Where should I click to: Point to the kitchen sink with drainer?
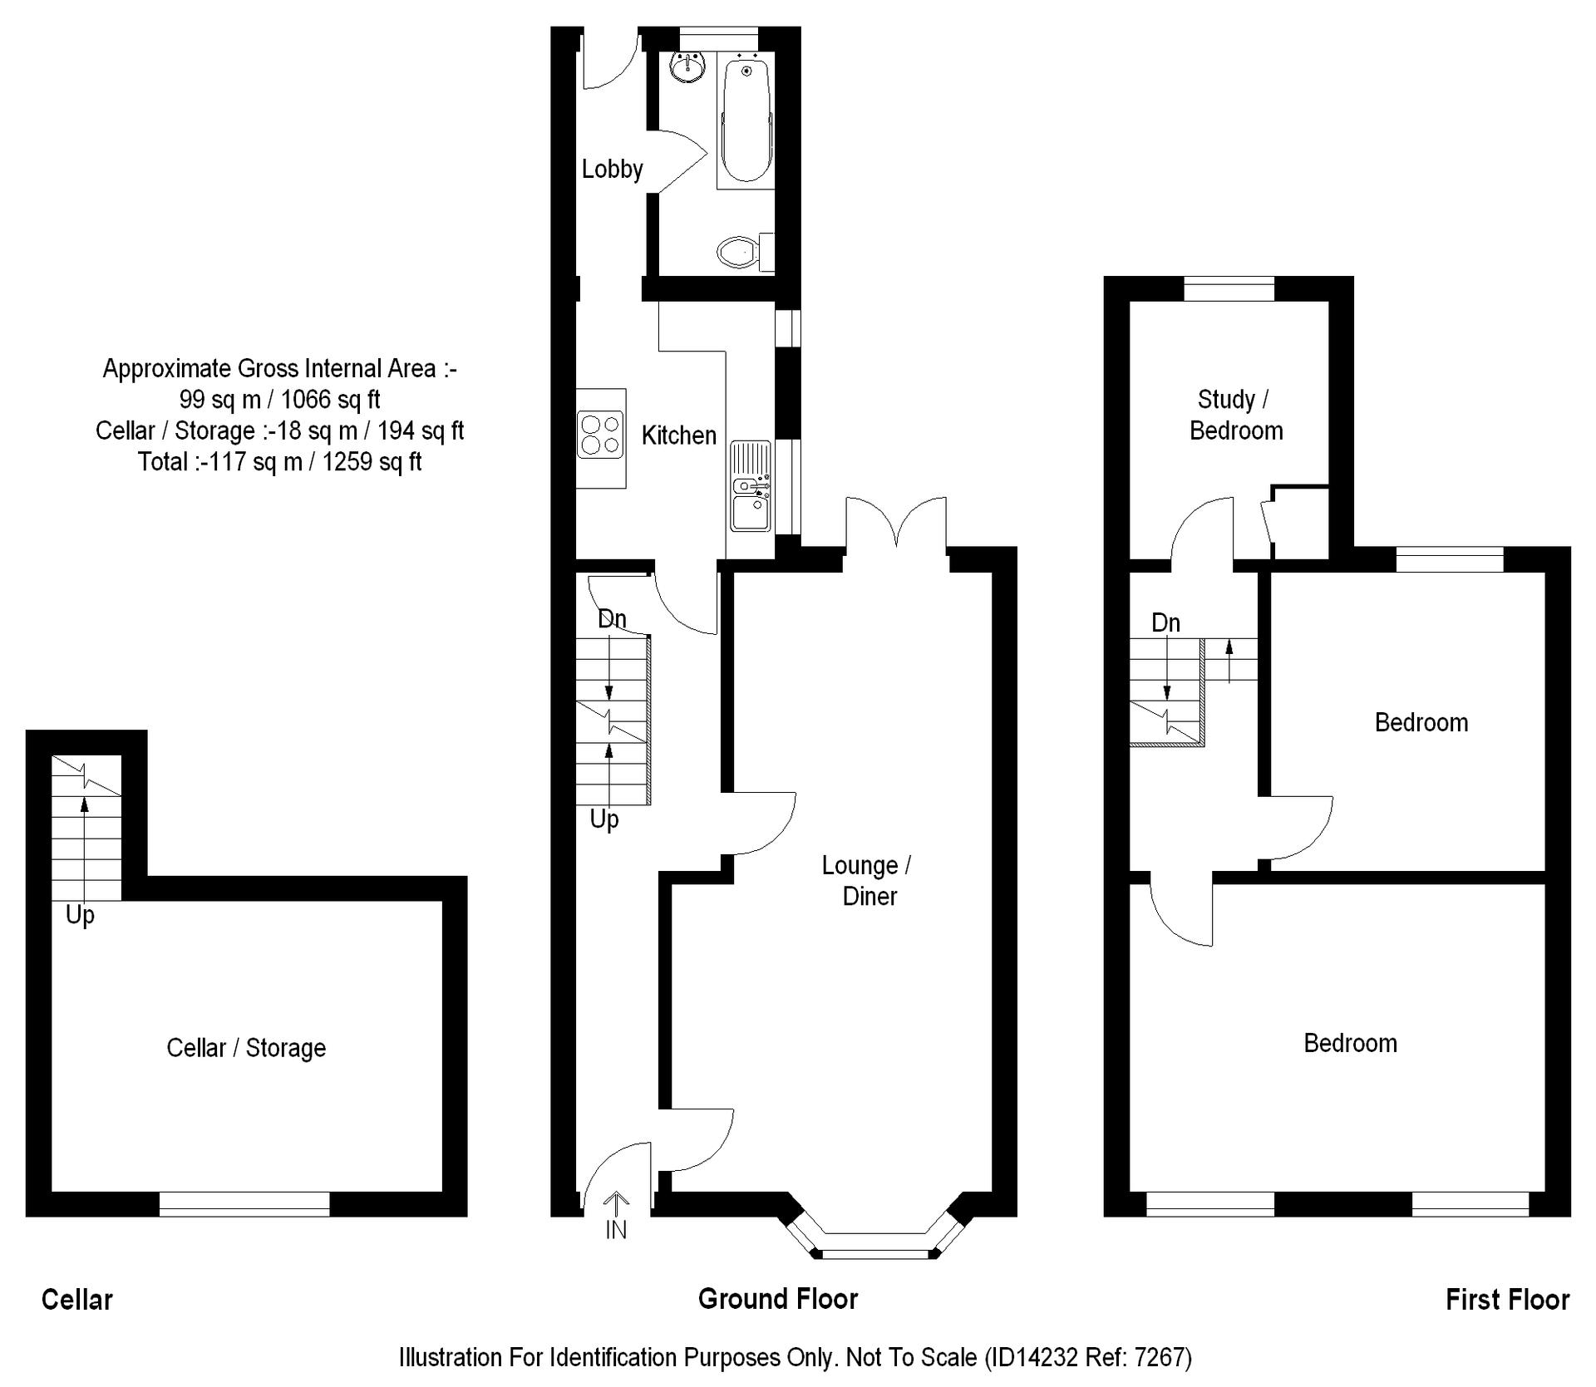tap(751, 486)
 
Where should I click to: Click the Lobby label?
tap(612, 170)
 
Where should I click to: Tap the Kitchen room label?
tap(678, 435)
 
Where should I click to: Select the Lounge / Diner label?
tap(867, 881)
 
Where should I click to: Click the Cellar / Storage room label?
tap(246, 1048)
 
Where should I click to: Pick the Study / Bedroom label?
tap(1235, 415)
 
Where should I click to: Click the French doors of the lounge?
tap(896, 524)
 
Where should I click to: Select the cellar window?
tap(244, 1204)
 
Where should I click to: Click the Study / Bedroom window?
tap(1229, 288)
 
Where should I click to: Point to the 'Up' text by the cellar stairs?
tap(80, 915)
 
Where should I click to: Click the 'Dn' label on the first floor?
tap(1165, 622)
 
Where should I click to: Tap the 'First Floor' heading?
tap(1507, 1300)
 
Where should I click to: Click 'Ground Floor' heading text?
tap(778, 1299)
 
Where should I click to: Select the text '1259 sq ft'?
tap(372, 462)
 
